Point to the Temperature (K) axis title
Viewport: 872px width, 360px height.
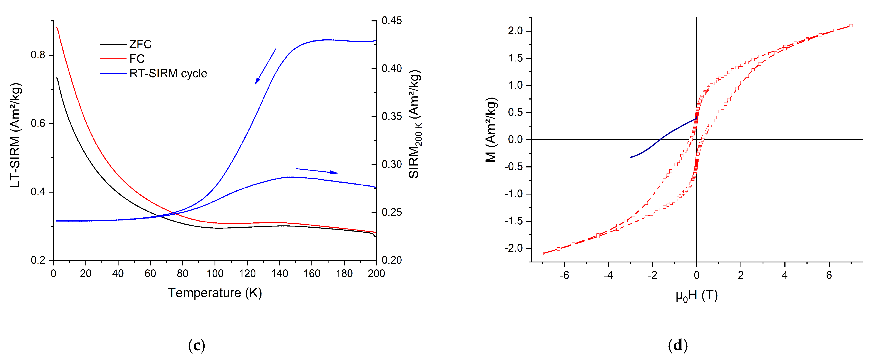215,292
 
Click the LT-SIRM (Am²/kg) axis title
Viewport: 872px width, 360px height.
16,135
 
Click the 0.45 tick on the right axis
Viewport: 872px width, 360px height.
392,21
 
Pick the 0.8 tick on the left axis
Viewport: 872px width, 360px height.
38,55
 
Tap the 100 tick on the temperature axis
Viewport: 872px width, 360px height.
215,273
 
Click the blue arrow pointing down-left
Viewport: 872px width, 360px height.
265,67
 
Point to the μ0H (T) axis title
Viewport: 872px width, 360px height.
696,295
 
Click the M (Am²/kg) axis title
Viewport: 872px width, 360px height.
491,130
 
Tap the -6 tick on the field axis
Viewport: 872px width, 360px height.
564,275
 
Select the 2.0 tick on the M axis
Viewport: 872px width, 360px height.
515,31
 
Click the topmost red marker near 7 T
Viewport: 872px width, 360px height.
851,26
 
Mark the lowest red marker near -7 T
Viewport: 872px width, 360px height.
542,253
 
